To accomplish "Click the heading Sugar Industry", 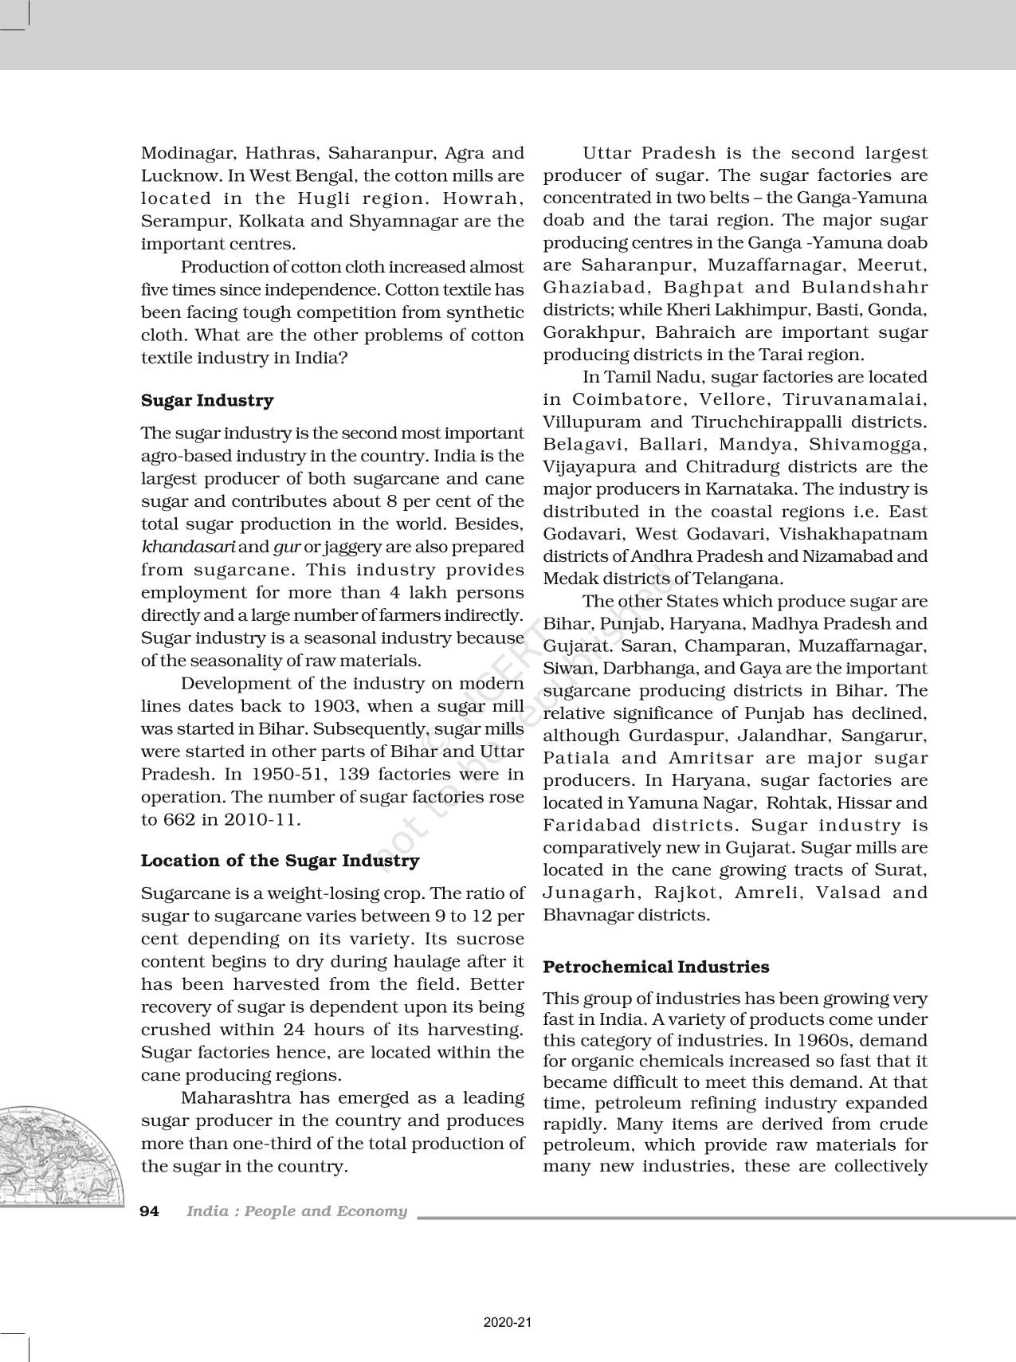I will coord(206,400).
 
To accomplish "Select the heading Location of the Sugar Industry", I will coord(280,861).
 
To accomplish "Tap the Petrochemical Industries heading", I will coord(656,967).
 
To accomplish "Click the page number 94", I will coord(150,1211).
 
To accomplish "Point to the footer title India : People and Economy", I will coord(296,1211).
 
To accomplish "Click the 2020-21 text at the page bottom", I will coord(508,1323).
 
